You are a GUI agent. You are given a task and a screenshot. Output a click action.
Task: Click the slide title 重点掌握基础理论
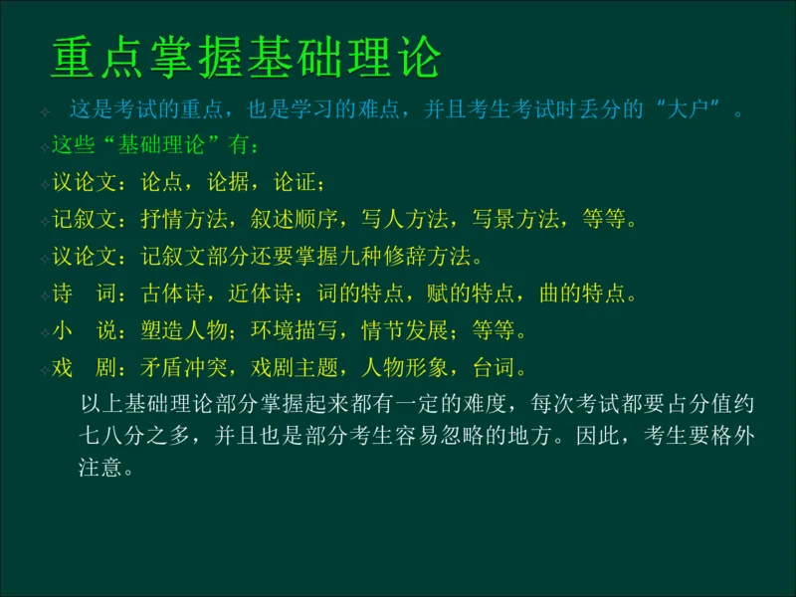(246, 59)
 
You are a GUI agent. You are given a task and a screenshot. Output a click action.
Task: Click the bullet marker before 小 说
(45, 332)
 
